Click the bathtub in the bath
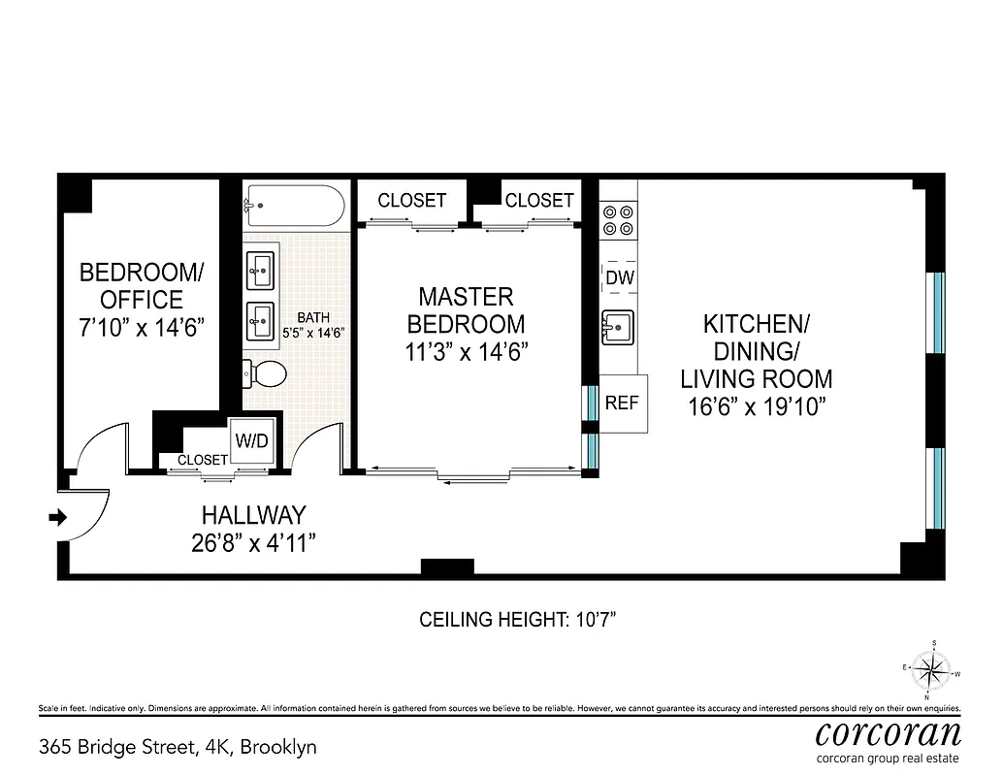(x=294, y=206)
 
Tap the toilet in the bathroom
(x=265, y=372)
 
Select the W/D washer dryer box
(x=251, y=441)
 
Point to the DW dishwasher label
(x=619, y=278)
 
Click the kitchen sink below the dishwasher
(x=617, y=328)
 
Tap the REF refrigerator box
(x=623, y=402)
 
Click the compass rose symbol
(x=932, y=669)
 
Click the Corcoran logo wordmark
(x=889, y=732)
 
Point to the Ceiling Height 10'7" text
(x=517, y=619)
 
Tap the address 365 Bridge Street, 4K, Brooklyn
(x=178, y=747)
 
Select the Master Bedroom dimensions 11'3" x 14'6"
(x=466, y=351)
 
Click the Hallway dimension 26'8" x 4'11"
(x=254, y=543)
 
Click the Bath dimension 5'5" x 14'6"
(x=313, y=332)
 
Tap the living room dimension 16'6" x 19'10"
(x=756, y=406)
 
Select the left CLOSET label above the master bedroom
(x=411, y=201)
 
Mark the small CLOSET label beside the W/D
(x=203, y=460)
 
